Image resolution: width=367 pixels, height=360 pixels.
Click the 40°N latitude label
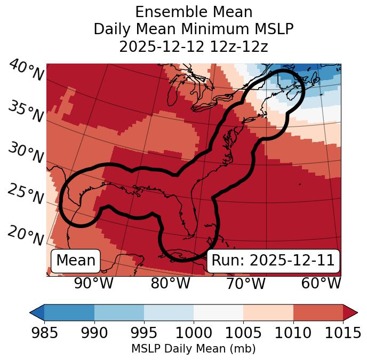[26, 71]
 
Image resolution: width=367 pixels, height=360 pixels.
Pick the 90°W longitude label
[93, 283]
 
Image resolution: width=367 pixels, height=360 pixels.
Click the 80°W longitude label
[170, 283]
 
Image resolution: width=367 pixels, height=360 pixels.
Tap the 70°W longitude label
[245, 283]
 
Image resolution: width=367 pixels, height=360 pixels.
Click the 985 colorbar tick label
[44, 333]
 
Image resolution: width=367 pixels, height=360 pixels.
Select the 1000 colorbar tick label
[194, 333]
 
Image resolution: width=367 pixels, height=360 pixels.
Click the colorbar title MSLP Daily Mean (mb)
[194, 349]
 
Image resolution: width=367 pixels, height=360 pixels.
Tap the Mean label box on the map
[76, 261]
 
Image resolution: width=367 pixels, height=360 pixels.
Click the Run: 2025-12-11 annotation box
[273, 261]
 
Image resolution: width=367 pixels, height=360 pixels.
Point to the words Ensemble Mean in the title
[194, 12]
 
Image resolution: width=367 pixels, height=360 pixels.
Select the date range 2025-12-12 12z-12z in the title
[194, 46]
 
